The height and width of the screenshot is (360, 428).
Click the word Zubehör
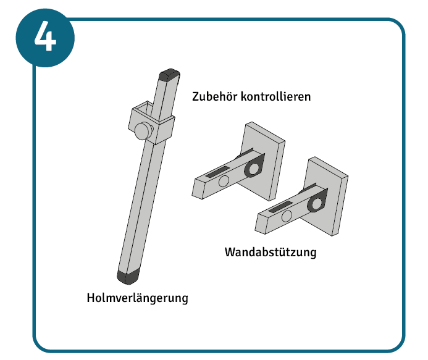[x=214, y=97]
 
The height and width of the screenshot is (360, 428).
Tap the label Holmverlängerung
[x=137, y=298]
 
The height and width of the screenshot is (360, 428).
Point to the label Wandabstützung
[x=271, y=253]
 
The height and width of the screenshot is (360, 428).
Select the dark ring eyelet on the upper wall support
[x=253, y=169]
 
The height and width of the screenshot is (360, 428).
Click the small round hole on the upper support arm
[x=224, y=181]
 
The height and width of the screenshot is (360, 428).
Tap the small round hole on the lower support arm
[x=287, y=216]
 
